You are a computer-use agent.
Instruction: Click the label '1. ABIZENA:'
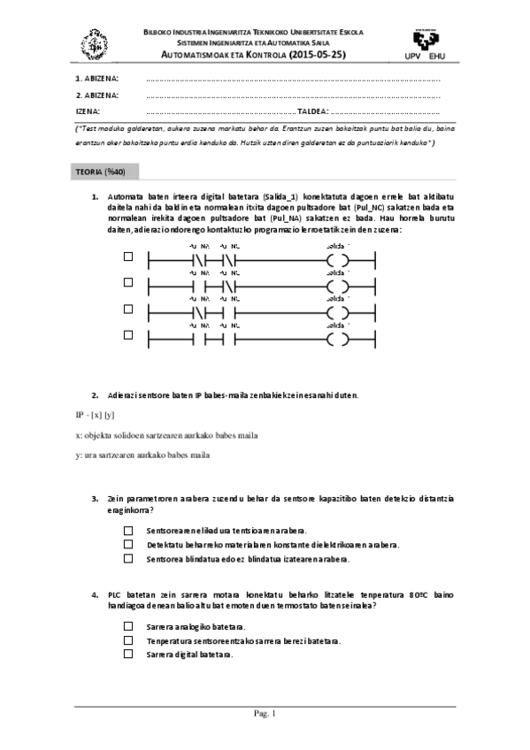coord(97,79)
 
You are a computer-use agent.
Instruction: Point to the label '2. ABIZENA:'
coord(97,96)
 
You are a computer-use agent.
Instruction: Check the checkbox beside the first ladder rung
coord(128,257)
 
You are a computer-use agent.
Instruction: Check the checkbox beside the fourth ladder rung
coord(128,335)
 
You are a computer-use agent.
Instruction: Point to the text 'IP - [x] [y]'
coord(96,415)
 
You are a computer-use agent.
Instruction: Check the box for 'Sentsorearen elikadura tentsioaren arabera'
coord(128,530)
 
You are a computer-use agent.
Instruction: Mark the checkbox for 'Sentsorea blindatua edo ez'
coord(128,558)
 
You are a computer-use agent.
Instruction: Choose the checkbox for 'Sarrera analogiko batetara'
coord(128,625)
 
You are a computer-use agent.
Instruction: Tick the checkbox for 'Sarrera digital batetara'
coord(128,654)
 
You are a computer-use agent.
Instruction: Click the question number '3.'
coord(96,499)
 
